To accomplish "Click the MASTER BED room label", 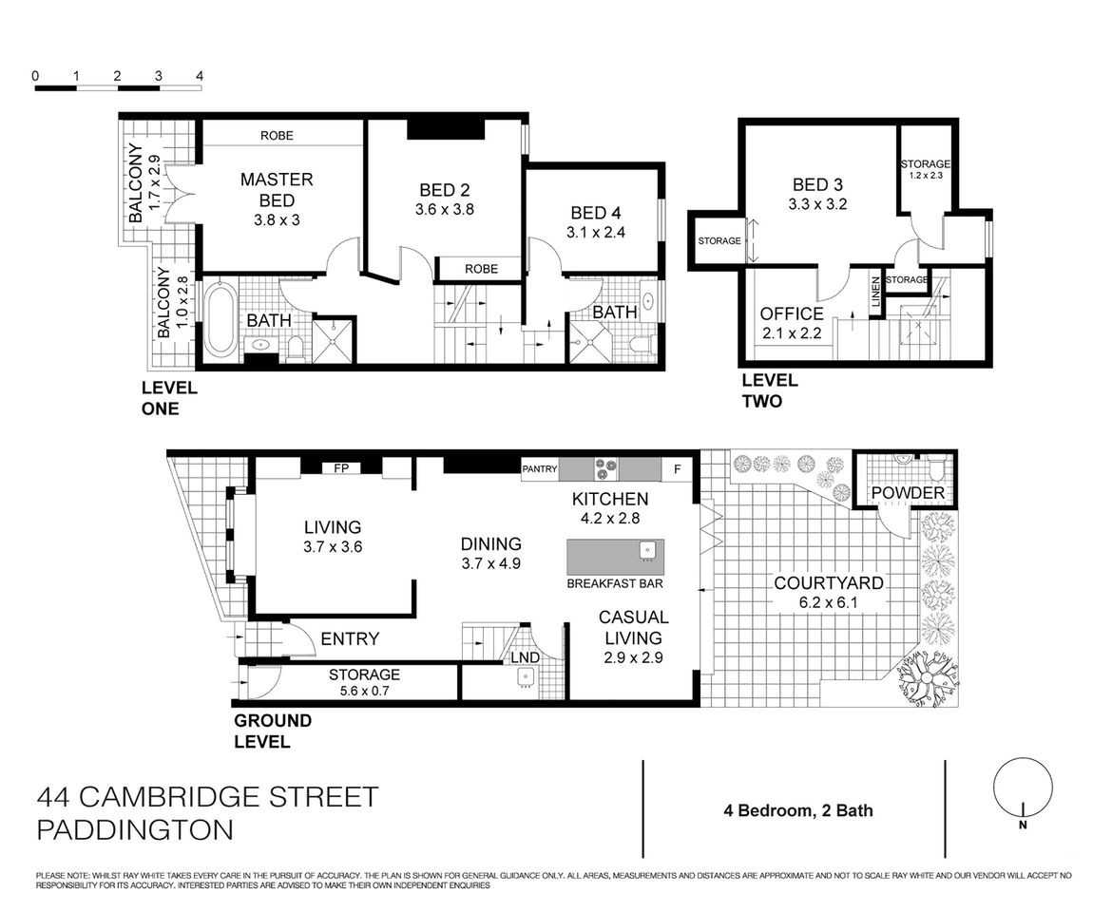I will pos(277,189).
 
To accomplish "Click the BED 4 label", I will pos(596,212).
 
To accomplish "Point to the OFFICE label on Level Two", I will pos(791,313).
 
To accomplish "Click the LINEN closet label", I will pos(874,292).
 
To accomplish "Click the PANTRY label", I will pos(539,468).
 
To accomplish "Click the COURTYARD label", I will pos(828,583).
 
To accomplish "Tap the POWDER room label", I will pos(908,493).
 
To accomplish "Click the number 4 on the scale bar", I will pos(199,75).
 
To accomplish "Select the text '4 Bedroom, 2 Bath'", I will pos(795,810).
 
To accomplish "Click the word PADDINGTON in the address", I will pos(134,829).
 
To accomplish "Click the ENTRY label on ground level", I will pos(350,638).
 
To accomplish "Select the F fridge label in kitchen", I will pos(677,468).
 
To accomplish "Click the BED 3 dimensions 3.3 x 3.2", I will pos(818,203).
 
